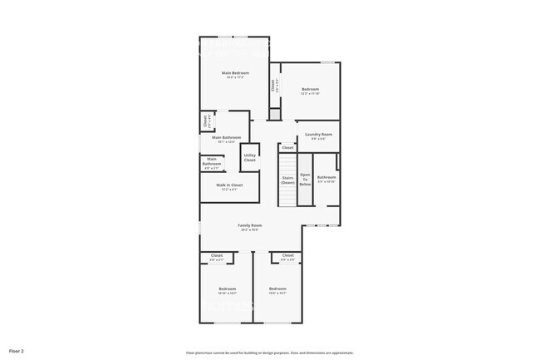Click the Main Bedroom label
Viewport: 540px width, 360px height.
click(x=234, y=73)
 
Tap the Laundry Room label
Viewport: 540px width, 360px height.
click(x=318, y=135)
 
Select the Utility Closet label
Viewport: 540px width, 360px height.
click(x=249, y=157)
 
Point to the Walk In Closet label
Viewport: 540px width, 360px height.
click(x=229, y=185)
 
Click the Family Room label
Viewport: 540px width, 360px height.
click(x=250, y=225)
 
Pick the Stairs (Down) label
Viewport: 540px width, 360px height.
click(x=287, y=180)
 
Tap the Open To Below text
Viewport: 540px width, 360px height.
click(x=305, y=180)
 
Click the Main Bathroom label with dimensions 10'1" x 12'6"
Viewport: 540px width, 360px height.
click(x=227, y=138)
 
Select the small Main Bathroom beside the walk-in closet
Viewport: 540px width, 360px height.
click(x=212, y=162)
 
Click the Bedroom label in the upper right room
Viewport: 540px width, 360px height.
click(x=310, y=90)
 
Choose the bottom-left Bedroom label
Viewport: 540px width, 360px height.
click(x=228, y=289)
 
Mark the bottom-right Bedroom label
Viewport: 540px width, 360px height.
click(x=277, y=289)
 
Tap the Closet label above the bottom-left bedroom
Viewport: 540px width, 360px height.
click(x=217, y=256)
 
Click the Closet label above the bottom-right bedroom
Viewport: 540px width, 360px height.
click(x=287, y=256)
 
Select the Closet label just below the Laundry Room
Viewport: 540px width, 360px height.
click(x=287, y=147)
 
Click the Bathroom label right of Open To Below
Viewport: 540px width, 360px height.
click(x=326, y=178)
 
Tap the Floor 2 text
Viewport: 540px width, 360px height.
click(x=17, y=352)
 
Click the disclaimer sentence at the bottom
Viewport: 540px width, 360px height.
click(x=270, y=353)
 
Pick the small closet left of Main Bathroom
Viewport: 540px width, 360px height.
click(x=205, y=121)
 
